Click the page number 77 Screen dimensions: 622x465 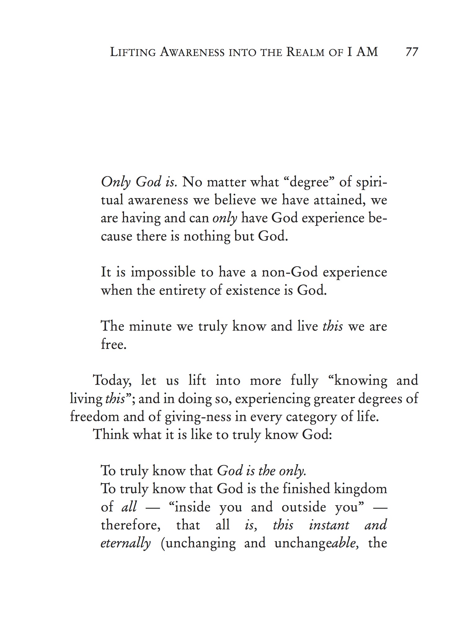click(412, 52)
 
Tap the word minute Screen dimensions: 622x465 click(150, 326)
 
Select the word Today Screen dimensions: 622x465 click(112, 381)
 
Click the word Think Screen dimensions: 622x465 click(111, 434)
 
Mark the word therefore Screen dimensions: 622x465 click(131, 525)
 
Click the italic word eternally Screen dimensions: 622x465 click(126, 544)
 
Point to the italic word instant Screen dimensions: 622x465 click(329, 525)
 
